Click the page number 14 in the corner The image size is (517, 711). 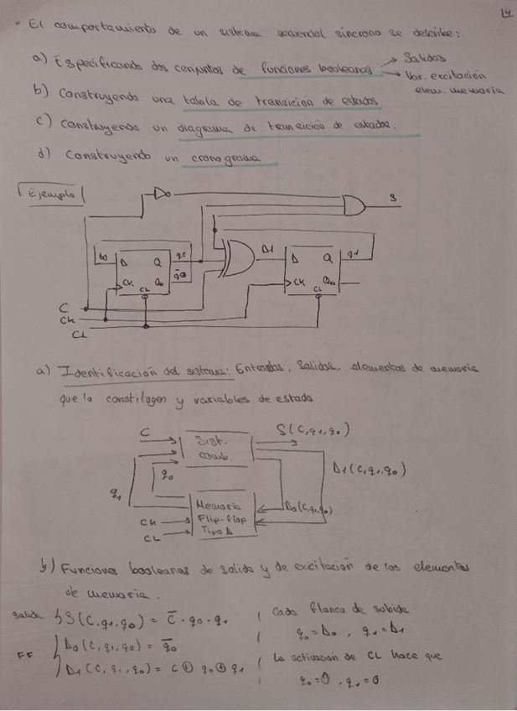pyautogui.click(x=503, y=13)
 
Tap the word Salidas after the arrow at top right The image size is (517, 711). pyautogui.click(x=420, y=58)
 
